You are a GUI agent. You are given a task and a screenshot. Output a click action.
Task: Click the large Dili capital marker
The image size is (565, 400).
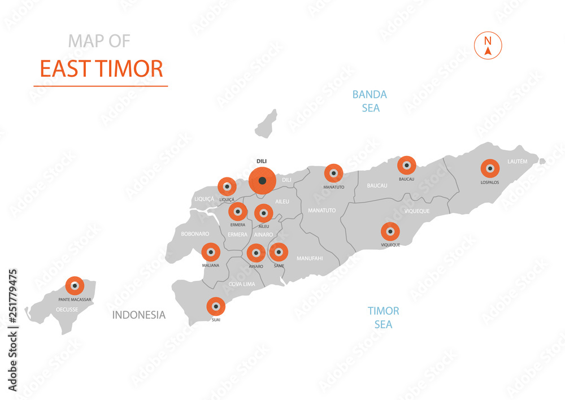coord(262,181)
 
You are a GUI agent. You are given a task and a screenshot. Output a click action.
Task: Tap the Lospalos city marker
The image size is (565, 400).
coord(490,168)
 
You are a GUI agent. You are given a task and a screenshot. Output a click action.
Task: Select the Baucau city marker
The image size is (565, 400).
coord(406,166)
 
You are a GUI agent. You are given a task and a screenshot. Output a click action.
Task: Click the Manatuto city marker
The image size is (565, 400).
coord(333,173)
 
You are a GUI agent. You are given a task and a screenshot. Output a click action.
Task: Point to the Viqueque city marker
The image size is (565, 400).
coord(390,232)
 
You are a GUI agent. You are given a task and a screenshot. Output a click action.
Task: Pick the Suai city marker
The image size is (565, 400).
coord(215,306)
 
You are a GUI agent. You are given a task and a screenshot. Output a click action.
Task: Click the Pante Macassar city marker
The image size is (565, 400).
coord(75,286)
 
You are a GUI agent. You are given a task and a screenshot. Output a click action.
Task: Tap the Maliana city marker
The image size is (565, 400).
coord(211,252)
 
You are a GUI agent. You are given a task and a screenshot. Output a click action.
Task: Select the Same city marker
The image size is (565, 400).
coord(279,253)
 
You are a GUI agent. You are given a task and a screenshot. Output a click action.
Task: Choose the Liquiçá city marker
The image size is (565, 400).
coord(227,186)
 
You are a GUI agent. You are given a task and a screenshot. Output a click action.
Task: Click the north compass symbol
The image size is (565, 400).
coord(488,46)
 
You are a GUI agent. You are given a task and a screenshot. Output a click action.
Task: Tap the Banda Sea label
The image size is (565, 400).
coord(370,101)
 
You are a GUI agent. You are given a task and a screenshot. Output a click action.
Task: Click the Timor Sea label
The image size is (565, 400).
coord(383,318)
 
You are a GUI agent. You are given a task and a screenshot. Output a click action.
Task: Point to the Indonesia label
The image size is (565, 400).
coord(139,315)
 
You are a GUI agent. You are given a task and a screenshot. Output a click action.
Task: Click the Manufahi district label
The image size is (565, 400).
coord(310,258)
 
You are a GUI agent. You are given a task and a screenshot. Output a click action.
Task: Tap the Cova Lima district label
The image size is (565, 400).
coord(242,284)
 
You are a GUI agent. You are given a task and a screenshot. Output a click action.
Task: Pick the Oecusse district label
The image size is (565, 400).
coord(67,309)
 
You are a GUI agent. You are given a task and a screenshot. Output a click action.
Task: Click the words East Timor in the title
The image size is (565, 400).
coord(101,68)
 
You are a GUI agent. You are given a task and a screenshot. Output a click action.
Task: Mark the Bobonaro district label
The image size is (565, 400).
coord(195,233)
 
